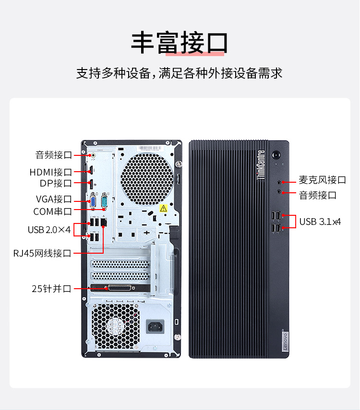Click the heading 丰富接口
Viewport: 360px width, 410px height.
180,43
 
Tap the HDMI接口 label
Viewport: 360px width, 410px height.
51,172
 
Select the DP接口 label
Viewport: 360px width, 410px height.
56,183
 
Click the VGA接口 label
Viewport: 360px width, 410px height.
54,199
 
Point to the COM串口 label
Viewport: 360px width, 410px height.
53,211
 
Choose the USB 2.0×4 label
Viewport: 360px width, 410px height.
49,230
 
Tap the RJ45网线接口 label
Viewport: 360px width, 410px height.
42,253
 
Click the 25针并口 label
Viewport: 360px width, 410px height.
51,289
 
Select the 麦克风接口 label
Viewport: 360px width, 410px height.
323,180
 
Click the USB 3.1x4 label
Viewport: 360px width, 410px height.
320,222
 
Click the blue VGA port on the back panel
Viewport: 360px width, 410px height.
93,201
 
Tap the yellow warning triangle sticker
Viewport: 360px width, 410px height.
164,209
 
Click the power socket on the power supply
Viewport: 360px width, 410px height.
156,327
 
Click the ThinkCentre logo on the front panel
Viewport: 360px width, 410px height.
261,165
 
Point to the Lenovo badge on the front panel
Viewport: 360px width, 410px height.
285,341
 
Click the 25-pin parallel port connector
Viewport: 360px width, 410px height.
120,288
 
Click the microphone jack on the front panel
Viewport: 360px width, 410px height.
279,182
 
